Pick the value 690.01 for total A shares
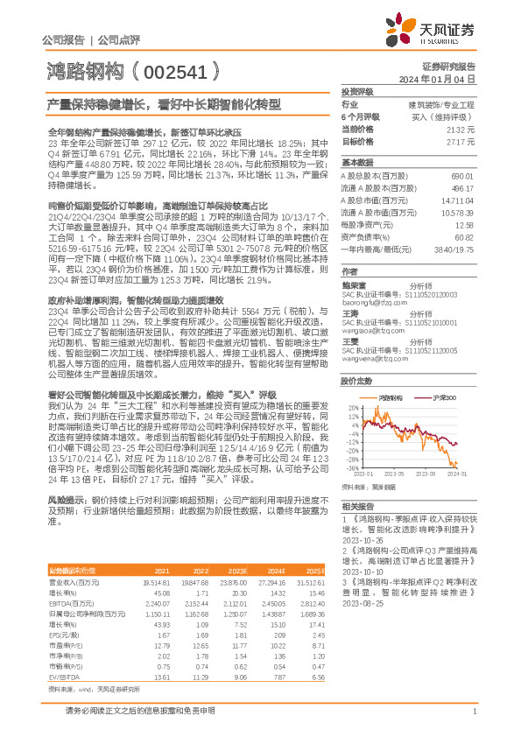coord(463,177)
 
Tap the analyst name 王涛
coord(349,312)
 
